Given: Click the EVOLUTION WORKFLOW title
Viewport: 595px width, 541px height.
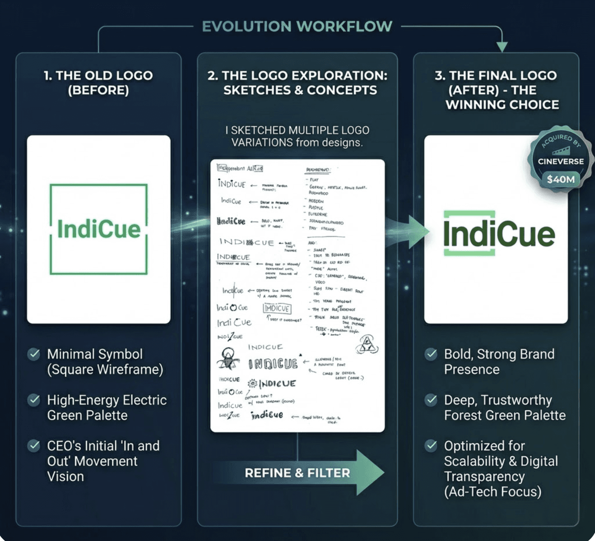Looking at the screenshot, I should tap(297, 26).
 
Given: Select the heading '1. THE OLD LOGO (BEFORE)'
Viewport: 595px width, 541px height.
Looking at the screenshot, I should tap(98, 83).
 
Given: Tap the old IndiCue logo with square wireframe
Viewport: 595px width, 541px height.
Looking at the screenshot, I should tap(99, 229).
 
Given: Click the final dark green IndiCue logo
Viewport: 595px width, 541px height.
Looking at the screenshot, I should tap(498, 234).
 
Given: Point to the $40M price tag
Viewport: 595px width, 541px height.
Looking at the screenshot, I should tap(561, 179).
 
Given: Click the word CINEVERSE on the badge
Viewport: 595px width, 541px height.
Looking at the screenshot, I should tap(561, 161).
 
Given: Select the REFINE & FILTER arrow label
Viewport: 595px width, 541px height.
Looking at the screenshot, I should tap(297, 473).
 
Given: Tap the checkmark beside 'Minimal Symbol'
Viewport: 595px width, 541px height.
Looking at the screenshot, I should tap(34, 354).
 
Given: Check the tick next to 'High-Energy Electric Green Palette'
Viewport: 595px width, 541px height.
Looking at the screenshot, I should tap(34, 400).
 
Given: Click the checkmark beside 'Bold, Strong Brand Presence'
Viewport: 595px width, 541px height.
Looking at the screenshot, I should tap(431, 354).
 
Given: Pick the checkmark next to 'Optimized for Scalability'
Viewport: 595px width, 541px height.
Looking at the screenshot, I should tap(431, 446).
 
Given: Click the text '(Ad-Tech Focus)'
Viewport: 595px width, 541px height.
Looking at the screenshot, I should tap(493, 492).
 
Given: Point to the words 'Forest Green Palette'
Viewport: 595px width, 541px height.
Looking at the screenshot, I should tap(505, 415).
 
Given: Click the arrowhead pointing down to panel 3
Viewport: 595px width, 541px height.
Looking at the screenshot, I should tap(502, 46).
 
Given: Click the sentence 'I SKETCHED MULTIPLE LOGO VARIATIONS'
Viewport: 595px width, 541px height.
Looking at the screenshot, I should tap(297, 136).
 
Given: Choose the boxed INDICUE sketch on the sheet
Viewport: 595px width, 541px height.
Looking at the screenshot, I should tap(277, 308).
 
